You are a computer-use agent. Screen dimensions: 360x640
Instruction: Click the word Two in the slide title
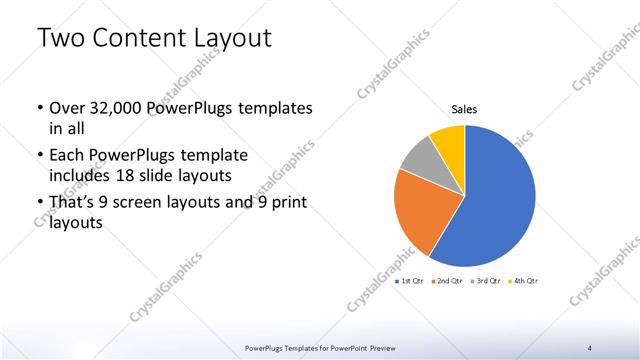pyautogui.click(x=58, y=39)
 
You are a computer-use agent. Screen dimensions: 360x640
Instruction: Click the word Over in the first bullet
pyautogui.click(x=66, y=107)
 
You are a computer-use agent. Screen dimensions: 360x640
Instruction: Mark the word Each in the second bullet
pyautogui.click(x=66, y=156)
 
